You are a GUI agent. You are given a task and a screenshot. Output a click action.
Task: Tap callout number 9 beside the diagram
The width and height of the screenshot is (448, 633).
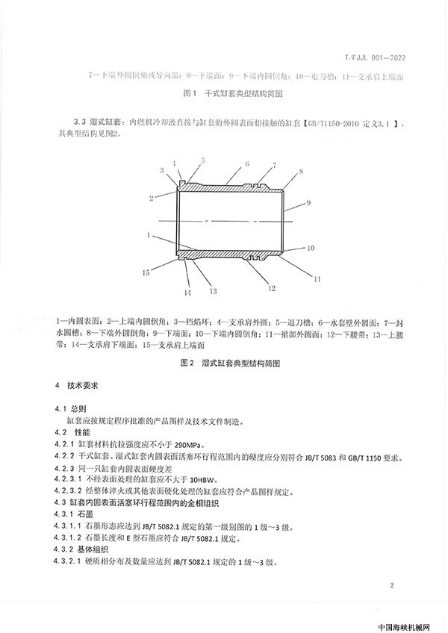307,203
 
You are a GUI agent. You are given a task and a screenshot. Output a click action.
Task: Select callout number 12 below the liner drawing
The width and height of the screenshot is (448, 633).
273,287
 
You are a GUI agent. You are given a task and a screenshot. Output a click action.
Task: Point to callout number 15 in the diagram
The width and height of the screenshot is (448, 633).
149,271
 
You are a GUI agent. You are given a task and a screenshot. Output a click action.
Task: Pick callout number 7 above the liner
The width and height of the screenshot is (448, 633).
276,165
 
